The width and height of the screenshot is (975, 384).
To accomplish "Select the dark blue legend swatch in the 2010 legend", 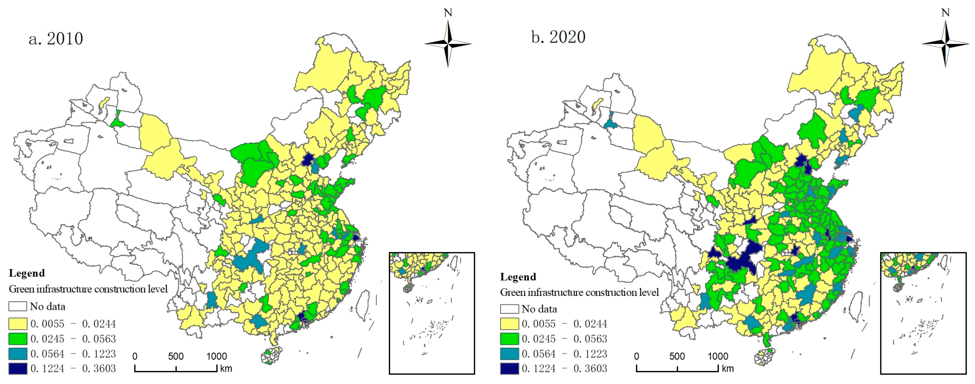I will click(x=18, y=368).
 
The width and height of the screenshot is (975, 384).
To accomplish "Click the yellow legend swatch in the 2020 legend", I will click(x=509, y=324).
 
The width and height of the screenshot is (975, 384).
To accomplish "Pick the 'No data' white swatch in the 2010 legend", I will click(x=18, y=306).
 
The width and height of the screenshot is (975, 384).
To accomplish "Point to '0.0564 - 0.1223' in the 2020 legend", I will click(x=564, y=354).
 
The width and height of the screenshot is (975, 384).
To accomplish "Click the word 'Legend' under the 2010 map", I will click(x=27, y=273).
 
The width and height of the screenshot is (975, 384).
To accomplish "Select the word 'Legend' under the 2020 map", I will click(x=518, y=277).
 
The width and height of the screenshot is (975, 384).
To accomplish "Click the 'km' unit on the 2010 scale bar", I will click(x=226, y=368).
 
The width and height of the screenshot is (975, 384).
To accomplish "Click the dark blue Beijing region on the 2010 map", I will click(x=309, y=159).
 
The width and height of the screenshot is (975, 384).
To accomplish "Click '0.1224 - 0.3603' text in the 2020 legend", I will click(x=564, y=368).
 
